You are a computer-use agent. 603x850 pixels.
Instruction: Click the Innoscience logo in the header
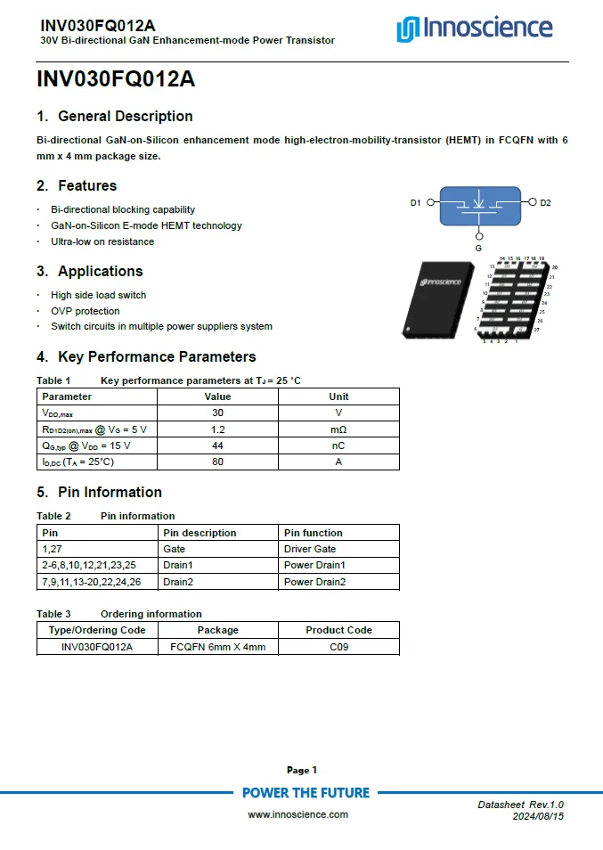tap(474, 29)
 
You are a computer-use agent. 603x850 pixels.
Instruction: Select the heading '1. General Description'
tap(115, 116)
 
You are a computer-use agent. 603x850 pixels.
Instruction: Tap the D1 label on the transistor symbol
tap(415, 203)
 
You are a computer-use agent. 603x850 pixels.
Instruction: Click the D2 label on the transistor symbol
tap(545, 203)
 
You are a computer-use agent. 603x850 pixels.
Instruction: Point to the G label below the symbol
tap(478, 248)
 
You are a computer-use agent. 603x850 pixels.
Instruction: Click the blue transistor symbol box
tap(478, 204)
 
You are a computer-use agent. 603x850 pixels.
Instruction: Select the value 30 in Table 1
tap(217, 413)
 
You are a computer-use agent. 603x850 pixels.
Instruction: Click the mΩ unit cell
tap(338, 429)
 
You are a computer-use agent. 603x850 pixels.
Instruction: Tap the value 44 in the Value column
tap(217, 445)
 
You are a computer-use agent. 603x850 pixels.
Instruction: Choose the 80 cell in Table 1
tap(217, 462)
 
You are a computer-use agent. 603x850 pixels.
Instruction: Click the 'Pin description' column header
tap(200, 533)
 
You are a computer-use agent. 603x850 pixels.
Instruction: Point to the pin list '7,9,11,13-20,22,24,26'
tap(92, 582)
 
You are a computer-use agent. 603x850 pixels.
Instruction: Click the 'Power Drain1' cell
tap(314, 565)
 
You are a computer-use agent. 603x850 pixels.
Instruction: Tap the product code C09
tap(338, 647)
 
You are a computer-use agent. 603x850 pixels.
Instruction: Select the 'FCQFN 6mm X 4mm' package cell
tap(217, 647)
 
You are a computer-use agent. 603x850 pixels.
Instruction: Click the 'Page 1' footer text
tap(301, 770)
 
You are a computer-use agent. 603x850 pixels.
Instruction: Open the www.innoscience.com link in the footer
tap(297, 814)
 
